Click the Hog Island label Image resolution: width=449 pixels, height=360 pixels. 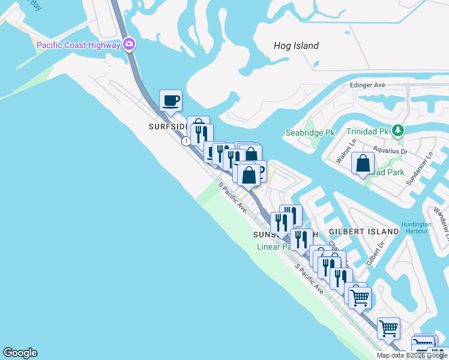[x=296, y=46]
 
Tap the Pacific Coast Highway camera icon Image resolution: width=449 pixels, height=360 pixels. [x=129, y=44]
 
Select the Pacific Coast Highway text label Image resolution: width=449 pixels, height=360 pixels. [x=78, y=45]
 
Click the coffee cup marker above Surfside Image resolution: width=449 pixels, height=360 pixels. [x=170, y=100]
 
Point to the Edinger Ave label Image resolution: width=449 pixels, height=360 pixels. [x=367, y=86]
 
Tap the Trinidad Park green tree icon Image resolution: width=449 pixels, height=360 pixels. [x=397, y=130]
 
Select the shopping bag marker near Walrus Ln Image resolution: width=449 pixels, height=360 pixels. [x=363, y=163]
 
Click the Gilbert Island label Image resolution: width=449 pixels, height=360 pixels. [x=364, y=231]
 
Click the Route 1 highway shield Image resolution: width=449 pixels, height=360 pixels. [x=187, y=141]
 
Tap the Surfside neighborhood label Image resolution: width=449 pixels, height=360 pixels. [x=166, y=127]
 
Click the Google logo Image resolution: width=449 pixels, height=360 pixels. [x=20, y=353]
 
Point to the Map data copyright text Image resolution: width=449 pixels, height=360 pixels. [x=412, y=355]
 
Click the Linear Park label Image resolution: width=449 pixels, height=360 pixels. [x=274, y=247]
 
